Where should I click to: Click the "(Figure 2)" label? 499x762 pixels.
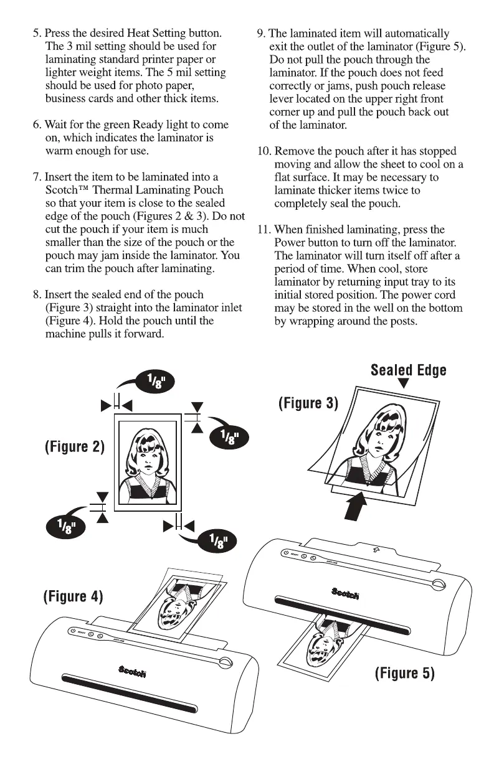click(74, 447)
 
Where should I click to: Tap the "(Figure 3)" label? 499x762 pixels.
click(308, 403)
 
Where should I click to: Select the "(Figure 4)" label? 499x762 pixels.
click(72, 596)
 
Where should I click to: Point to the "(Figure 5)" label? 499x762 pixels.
click(404, 673)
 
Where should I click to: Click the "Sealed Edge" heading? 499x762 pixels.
click(408, 370)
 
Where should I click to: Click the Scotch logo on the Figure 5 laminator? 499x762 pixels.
click(345, 593)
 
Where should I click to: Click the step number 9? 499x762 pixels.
click(260, 33)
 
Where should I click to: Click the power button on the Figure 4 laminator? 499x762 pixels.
click(74, 631)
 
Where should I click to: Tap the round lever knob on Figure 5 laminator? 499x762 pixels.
click(438, 584)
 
